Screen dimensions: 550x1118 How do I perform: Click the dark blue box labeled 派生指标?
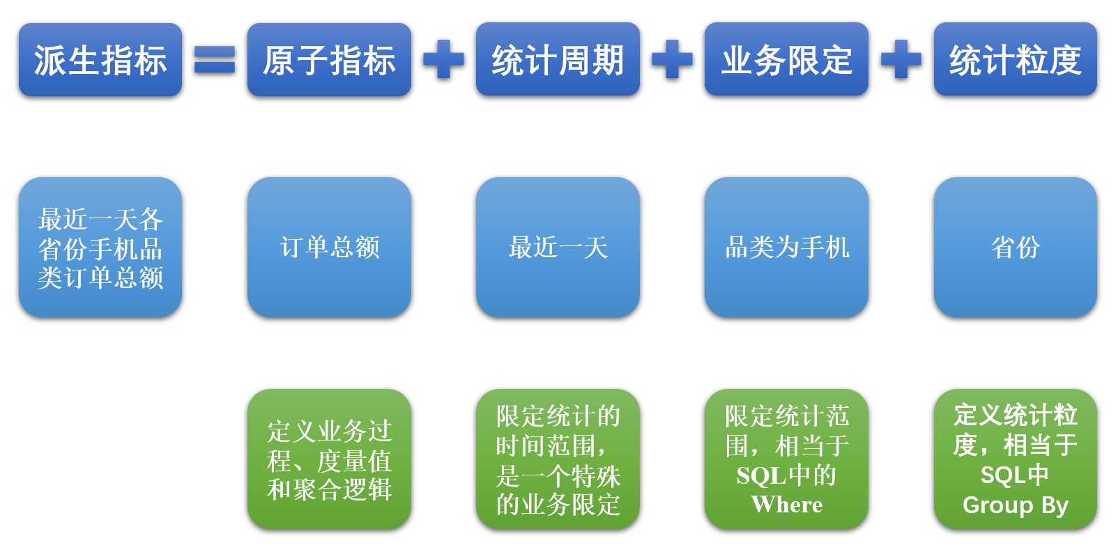(x=100, y=60)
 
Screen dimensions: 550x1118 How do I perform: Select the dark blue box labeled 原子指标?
(x=329, y=60)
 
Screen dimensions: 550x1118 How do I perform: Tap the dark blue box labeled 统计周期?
(x=558, y=60)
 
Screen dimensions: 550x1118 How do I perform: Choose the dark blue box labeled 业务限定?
(x=786, y=60)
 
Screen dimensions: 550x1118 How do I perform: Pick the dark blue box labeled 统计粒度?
(x=1015, y=60)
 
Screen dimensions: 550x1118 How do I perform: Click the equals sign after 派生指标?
(x=215, y=60)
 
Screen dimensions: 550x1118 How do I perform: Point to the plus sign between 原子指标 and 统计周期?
(x=443, y=60)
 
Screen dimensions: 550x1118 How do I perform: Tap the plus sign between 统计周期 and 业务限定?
(x=672, y=60)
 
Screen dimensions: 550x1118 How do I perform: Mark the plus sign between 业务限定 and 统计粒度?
(x=901, y=60)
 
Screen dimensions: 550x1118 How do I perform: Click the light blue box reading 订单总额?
(x=329, y=247)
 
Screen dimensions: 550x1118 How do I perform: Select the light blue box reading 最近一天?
(x=558, y=247)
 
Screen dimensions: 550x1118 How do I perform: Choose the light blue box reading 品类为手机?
(x=786, y=247)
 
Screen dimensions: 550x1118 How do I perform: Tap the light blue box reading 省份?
(x=1015, y=247)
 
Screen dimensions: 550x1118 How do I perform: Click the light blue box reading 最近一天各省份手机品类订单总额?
(x=100, y=247)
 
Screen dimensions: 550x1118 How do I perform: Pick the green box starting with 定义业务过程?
(x=329, y=459)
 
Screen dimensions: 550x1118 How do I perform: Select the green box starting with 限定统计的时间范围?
(x=558, y=459)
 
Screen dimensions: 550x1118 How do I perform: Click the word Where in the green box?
(x=786, y=505)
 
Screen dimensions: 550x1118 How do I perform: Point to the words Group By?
(x=1015, y=505)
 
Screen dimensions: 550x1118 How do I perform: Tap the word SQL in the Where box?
(x=761, y=475)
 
